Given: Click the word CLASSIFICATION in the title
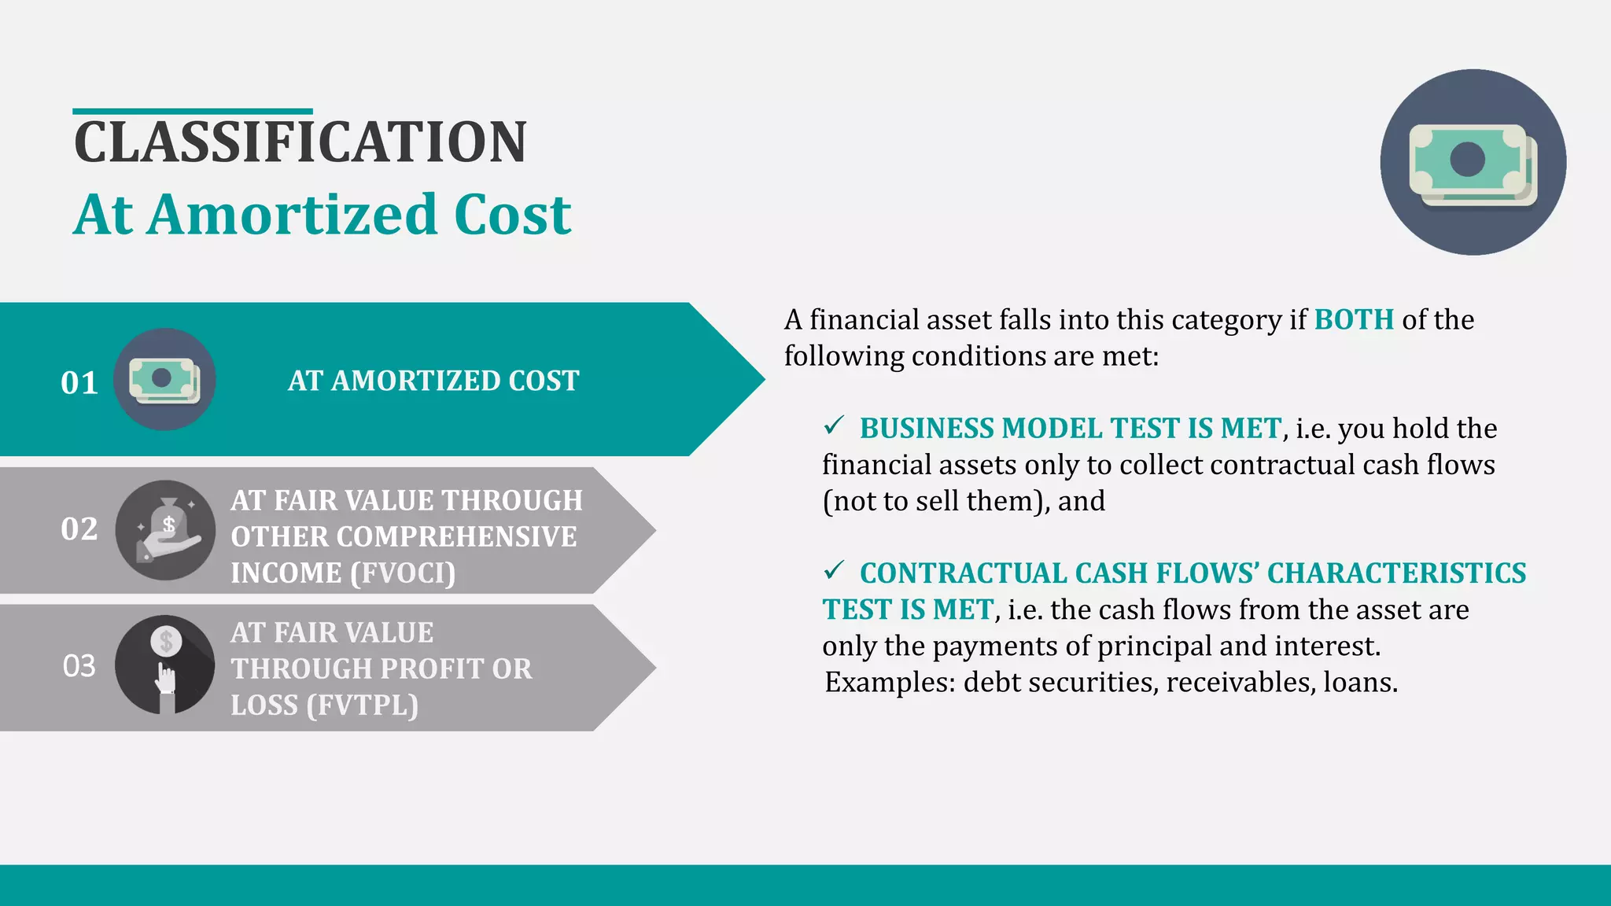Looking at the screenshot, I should (x=300, y=142).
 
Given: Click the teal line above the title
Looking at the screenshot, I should (x=193, y=112).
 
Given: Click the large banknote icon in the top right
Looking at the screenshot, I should (x=1473, y=163).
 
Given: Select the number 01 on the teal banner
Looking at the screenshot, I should (x=79, y=383).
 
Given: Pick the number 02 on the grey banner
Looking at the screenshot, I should (x=79, y=529).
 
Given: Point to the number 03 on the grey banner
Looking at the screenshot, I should (x=79, y=666).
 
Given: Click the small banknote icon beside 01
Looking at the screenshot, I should (x=164, y=380).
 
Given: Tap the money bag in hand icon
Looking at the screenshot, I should (x=165, y=530).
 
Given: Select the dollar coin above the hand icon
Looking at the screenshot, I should (x=166, y=642).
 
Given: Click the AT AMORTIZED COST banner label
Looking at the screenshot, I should (x=433, y=381).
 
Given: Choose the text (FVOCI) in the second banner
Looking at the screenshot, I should (x=403, y=573).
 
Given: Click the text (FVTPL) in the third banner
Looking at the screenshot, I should (x=362, y=705).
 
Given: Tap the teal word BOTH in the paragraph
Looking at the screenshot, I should (x=1354, y=320).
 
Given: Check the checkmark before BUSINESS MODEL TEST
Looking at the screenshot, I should (x=834, y=425).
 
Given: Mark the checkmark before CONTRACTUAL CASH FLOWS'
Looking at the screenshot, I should (x=834, y=569).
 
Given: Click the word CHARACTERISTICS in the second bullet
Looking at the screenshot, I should (x=1396, y=573).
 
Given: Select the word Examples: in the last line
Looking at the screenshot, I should (x=890, y=682).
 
